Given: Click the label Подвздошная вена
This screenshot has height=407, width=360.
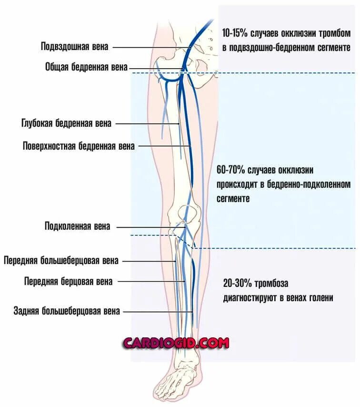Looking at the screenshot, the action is (75, 47).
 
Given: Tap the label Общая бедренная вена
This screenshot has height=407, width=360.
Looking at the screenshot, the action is (86, 68).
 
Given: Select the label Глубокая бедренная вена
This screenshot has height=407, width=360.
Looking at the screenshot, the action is (66, 123).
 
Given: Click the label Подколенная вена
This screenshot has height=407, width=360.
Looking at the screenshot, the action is (77, 226).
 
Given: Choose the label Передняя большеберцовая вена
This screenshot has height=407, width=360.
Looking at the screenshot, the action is (61, 261).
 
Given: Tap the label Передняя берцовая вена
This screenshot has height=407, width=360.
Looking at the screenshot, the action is (69, 282).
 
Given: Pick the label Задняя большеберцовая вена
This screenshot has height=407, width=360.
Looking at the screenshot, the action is (67, 312).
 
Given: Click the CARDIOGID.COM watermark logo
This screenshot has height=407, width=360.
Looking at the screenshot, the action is (176, 343).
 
